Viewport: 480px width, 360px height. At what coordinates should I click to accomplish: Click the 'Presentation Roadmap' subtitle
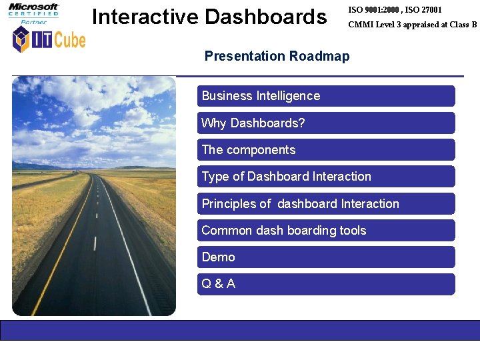(x=277, y=56)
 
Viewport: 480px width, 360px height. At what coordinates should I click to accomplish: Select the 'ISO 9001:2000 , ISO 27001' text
(x=395, y=10)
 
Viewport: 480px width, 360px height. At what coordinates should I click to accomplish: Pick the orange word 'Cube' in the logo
(x=69, y=40)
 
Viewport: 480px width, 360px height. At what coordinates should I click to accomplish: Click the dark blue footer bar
(x=240, y=330)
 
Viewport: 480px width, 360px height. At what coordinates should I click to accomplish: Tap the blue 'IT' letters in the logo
(x=42, y=40)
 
